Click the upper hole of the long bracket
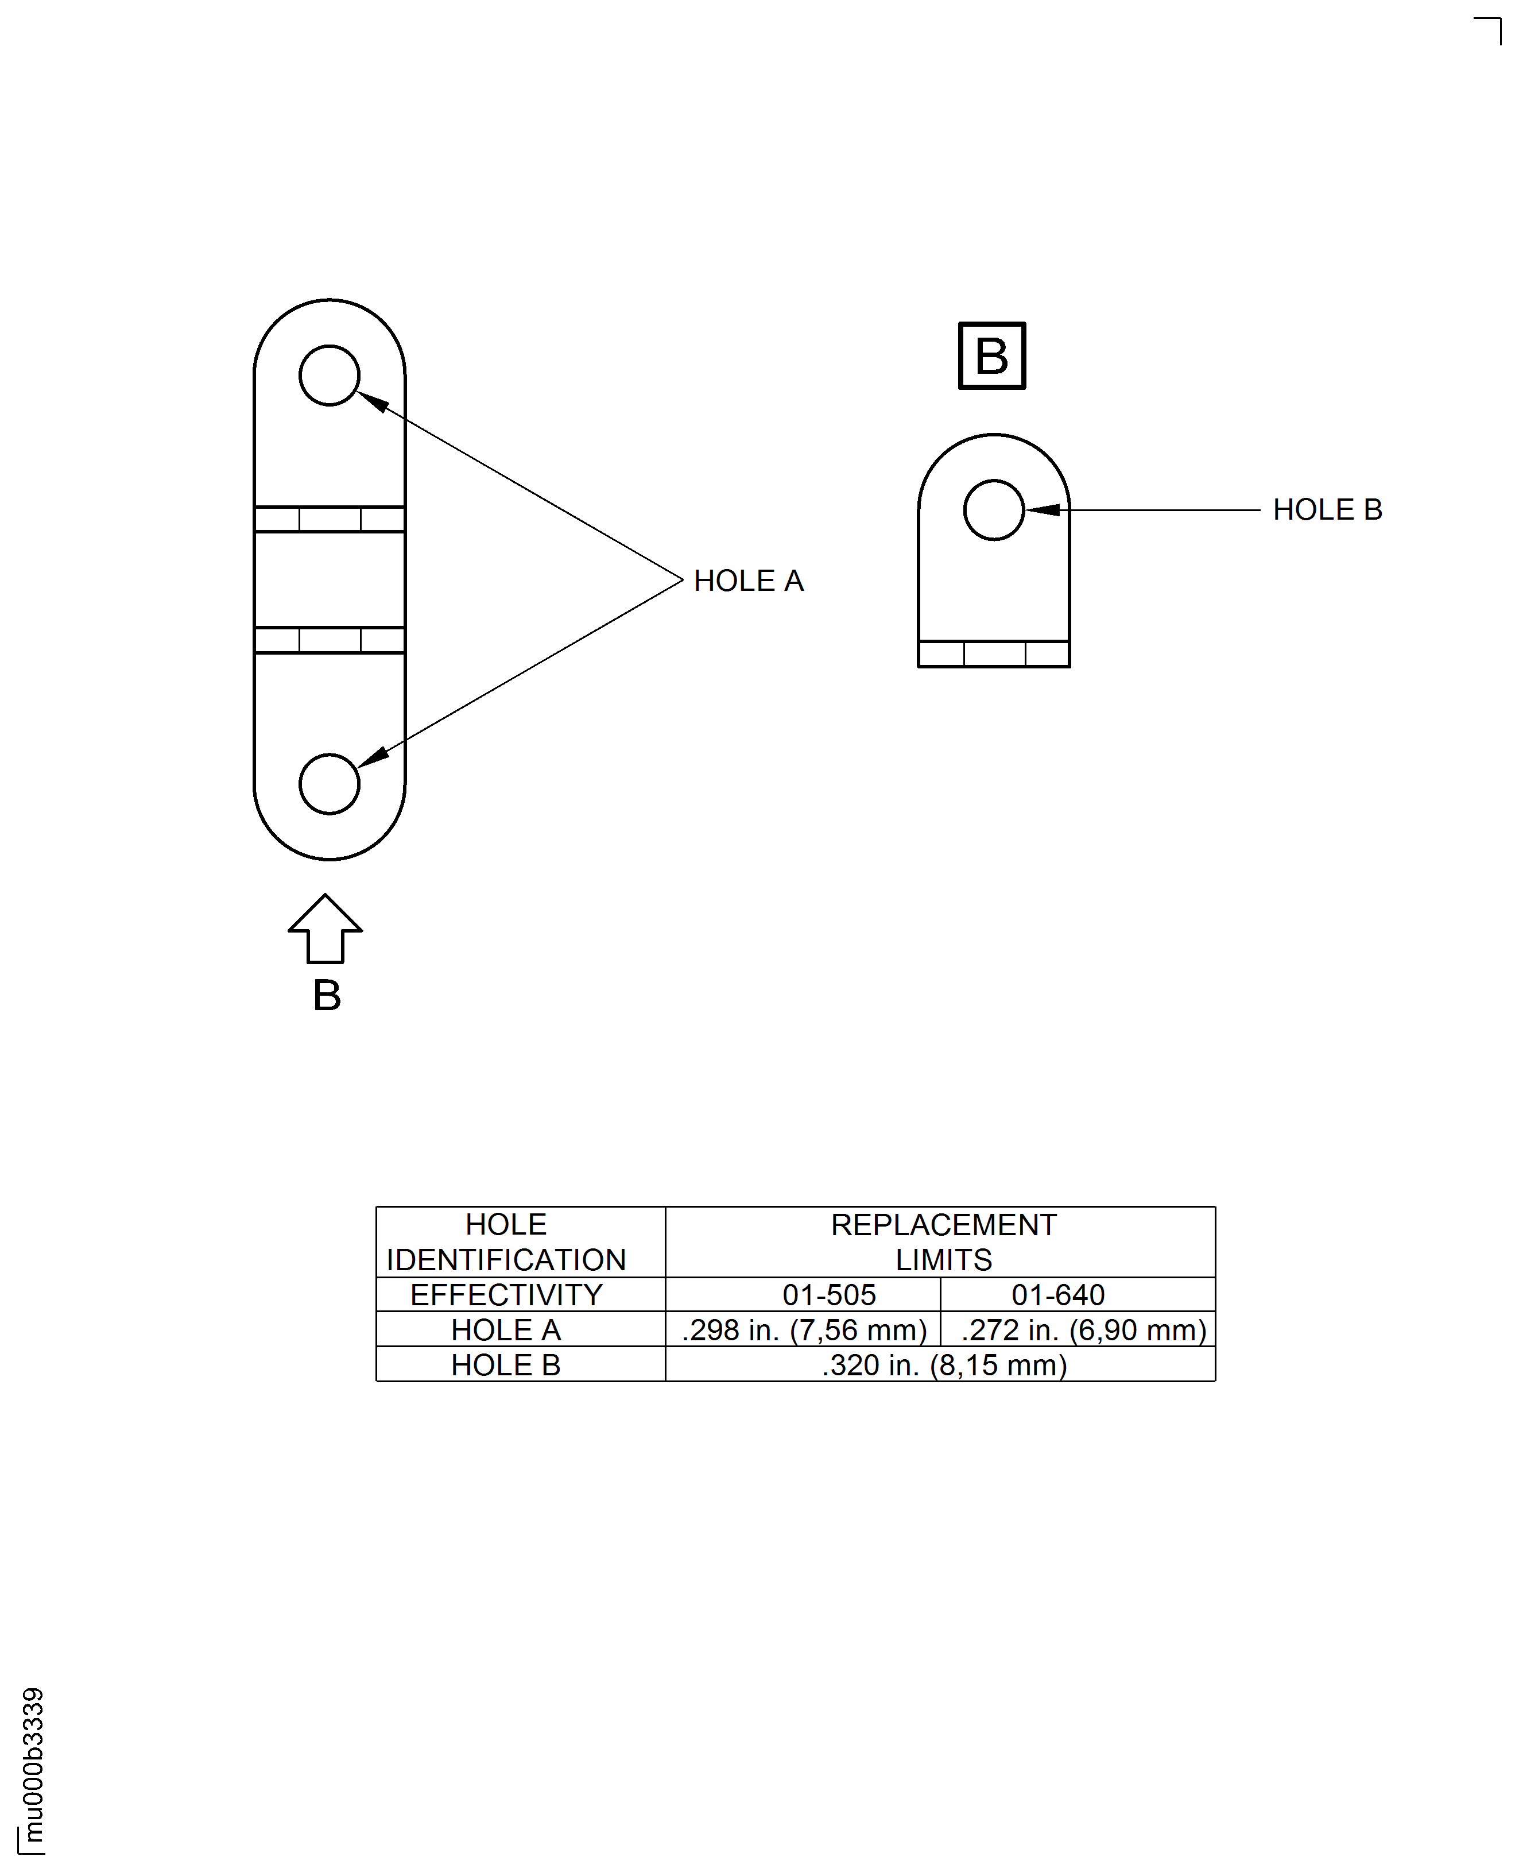click(x=329, y=376)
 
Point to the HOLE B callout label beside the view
click(x=1327, y=509)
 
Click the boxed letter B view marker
click(x=991, y=355)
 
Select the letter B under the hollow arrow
click(x=327, y=995)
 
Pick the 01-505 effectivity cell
click(x=828, y=1294)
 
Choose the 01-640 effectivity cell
click(x=1058, y=1294)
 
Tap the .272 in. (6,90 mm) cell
click(x=1083, y=1329)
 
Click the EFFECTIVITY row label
click(x=506, y=1294)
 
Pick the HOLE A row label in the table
click(x=506, y=1329)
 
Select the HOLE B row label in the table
click(x=506, y=1364)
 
